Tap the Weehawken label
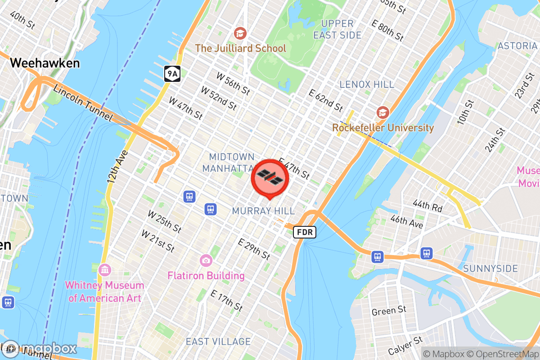click(45, 63)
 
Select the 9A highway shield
click(172, 73)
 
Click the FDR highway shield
click(305, 232)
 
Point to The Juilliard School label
click(240, 48)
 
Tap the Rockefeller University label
click(383, 128)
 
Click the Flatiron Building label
click(206, 275)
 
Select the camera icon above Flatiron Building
click(206, 260)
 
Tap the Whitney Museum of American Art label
click(104, 292)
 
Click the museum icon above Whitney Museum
click(105, 270)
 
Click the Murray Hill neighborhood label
click(263, 211)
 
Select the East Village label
click(218, 342)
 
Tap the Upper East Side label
click(337, 29)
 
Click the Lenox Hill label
click(367, 84)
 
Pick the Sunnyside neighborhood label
click(490, 269)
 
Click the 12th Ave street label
click(117, 166)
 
